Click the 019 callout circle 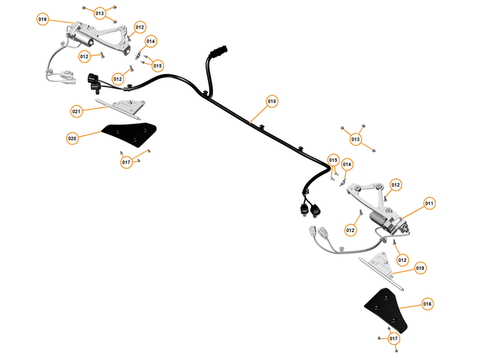pos(43,19)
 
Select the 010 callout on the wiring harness pos(272,101)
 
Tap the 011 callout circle pos(429,203)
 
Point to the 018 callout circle pos(420,268)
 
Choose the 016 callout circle pos(427,303)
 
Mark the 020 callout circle pos(72,138)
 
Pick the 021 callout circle pos(77,111)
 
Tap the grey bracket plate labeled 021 pos(128,106)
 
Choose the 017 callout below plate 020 pos(127,162)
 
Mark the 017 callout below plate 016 pos(393,338)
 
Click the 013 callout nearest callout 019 pos(99,13)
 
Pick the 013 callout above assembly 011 pos(356,139)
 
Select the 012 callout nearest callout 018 pos(403,260)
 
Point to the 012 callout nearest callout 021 pos(117,79)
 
